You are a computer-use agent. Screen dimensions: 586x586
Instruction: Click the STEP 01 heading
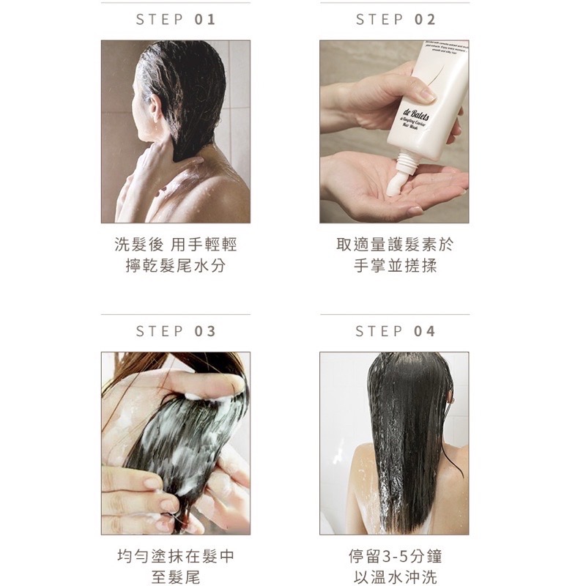[176, 20]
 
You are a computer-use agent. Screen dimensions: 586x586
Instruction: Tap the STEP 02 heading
[396, 20]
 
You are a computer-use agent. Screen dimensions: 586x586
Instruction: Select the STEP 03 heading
[176, 331]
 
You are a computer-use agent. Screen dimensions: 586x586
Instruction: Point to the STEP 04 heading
[396, 331]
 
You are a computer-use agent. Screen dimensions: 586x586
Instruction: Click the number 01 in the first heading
[205, 20]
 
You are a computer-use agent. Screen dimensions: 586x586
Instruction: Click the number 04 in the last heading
[425, 331]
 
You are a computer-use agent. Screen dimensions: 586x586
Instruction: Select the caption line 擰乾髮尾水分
[176, 265]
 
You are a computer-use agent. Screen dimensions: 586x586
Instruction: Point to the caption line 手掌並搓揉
[395, 265]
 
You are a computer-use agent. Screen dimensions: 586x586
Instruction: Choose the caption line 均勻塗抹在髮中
[176, 556]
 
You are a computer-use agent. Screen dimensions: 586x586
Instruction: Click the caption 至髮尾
[176, 576]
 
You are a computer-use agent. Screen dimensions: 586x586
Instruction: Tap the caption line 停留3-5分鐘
[395, 556]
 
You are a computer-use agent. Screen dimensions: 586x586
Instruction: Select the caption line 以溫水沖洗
[395, 576]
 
